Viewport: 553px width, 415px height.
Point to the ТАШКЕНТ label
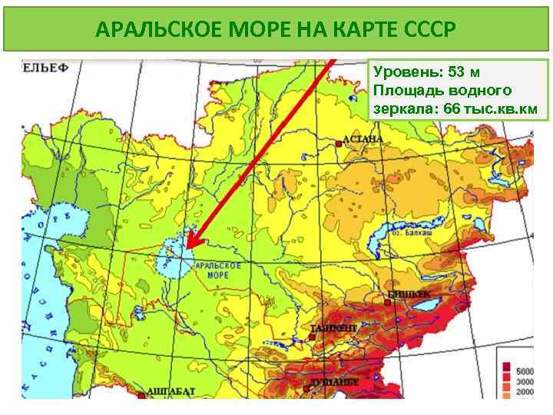(333, 328)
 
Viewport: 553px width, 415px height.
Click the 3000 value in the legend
(525, 381)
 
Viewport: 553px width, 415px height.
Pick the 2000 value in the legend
(525, 393)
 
